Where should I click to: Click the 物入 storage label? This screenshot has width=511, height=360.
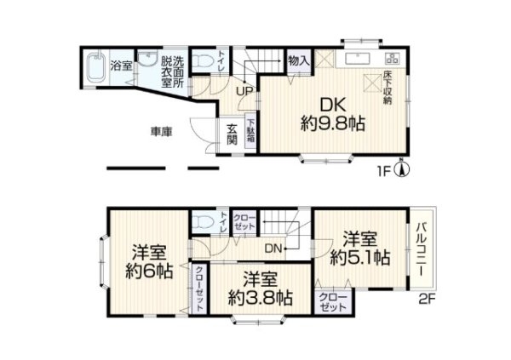click(x=298, y=60)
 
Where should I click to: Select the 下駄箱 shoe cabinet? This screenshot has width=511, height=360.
click(x=250, y=133)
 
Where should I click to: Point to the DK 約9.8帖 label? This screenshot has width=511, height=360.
click(x=332, y=113)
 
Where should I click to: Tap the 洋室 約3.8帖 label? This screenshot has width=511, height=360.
click(x=259, y=289)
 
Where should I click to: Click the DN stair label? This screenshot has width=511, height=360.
click(x=273, y=249)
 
